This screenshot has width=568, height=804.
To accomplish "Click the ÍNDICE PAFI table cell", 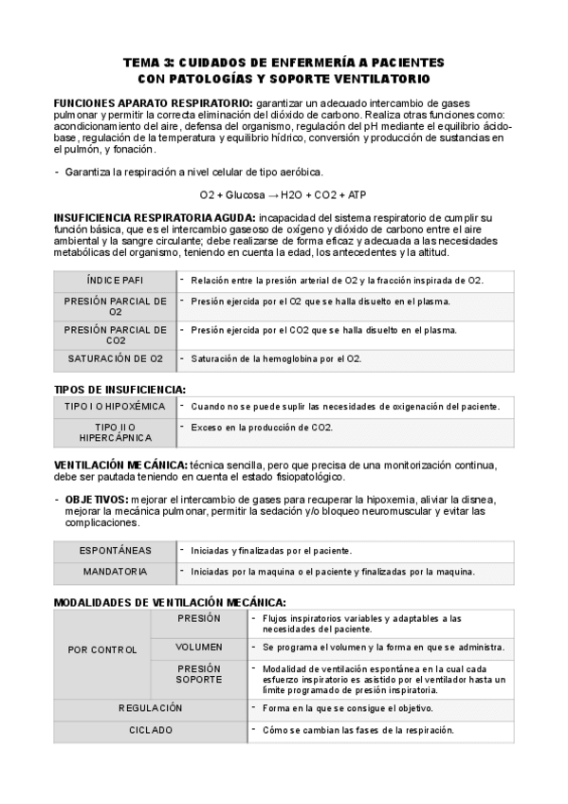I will [115, 281].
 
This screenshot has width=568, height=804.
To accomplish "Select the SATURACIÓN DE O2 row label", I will [115, 358].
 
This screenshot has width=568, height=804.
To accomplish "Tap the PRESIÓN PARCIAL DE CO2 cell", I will [115, 334].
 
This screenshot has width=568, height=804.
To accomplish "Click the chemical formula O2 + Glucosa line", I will [283, 195].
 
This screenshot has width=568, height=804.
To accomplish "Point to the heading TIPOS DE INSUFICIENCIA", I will [119, 389].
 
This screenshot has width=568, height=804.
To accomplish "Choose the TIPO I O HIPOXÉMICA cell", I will [115, 406].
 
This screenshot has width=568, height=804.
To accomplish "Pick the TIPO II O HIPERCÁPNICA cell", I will [115, 432].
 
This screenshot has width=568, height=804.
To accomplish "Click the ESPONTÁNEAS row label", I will [115, 550].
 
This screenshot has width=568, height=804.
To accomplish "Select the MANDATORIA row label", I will [115, 572].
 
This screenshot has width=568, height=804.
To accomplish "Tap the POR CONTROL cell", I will [102, 649].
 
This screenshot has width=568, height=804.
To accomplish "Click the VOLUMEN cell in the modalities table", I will [199, 647].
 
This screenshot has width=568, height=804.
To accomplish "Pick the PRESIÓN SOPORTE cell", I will [199, 673].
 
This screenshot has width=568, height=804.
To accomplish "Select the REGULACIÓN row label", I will [151, 708].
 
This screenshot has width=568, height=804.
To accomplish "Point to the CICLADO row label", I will [151, 730].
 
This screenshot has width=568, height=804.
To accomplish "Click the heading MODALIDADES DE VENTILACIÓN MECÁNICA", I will [170, 602].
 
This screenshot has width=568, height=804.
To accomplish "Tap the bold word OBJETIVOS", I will [96, 499].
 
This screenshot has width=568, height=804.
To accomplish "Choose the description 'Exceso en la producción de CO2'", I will [262, 428].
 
